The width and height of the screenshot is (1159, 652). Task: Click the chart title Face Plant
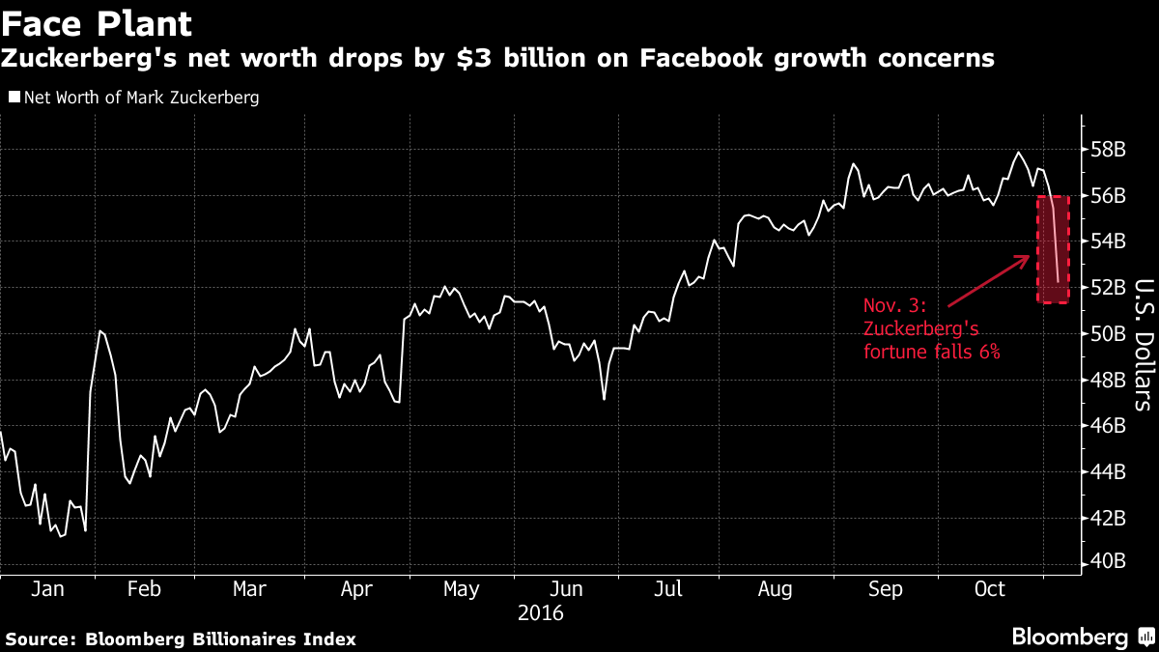97,23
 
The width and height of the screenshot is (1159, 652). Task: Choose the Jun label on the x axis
567,588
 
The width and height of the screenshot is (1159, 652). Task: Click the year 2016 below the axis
541,612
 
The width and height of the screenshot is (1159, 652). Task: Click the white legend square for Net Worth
14,98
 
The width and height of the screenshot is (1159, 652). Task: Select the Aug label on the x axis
776,588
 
